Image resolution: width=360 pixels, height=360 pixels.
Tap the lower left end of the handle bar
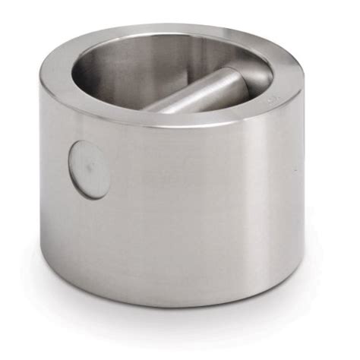pyautogui.click(x=156, y=109)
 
